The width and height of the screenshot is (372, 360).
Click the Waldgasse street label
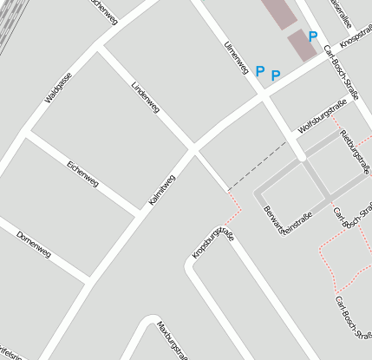point(58,88)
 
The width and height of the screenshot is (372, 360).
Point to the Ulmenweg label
point(236,56)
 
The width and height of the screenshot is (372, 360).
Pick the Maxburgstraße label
point(172,340)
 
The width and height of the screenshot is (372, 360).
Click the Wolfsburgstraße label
point(322,116)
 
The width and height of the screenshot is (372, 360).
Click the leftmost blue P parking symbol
point(259,70)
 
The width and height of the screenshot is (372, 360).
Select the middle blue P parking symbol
point(276,75)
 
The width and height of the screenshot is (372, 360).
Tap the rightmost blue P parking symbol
point(313,36)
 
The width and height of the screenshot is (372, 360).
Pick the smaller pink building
point(301,45)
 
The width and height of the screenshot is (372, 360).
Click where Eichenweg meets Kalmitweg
point(139,211)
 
